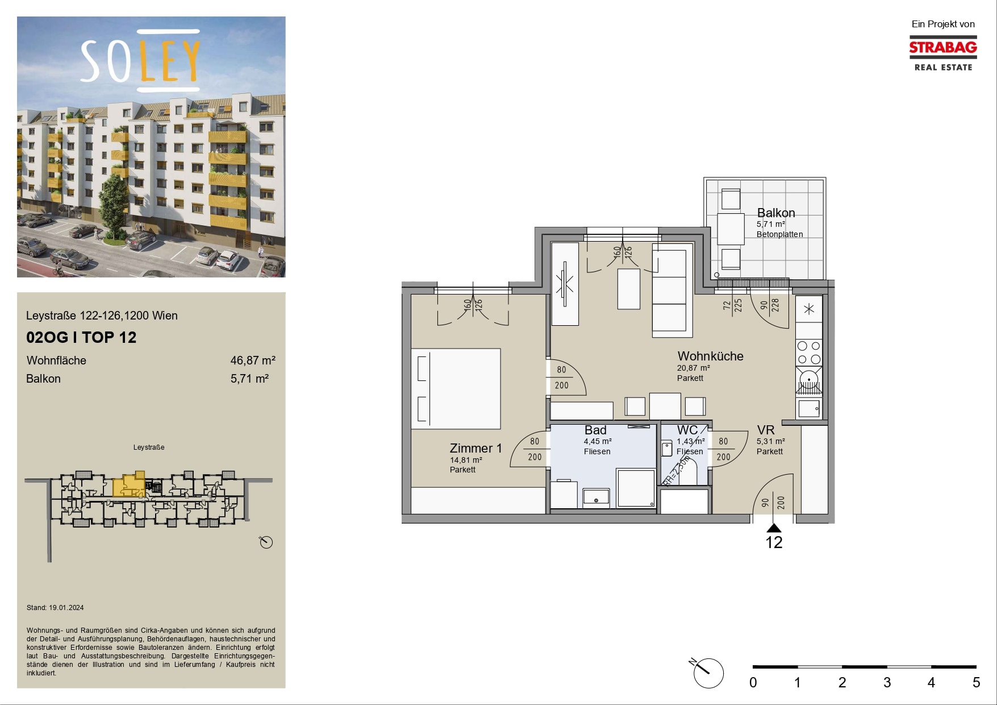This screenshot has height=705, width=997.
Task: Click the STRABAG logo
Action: [943, 53]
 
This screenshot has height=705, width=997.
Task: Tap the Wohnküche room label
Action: [710, 356]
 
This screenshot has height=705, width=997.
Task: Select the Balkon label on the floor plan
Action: [776, 213]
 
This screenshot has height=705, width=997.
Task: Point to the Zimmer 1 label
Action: [475, 449]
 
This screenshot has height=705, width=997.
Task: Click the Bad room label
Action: [595, 430]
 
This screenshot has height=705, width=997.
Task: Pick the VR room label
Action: [766, 430]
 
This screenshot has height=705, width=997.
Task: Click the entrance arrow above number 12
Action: [774, 528]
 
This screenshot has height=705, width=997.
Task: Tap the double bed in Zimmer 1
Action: [456, 389]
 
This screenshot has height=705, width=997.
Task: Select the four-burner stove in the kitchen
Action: [809, 353]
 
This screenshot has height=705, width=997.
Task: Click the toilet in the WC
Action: [667, 449]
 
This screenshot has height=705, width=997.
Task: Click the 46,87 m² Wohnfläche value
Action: [253, 360]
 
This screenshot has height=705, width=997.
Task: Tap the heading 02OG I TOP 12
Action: [81, 338]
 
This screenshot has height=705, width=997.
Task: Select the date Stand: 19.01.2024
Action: [55, 608]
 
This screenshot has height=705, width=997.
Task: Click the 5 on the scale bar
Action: [976, 683]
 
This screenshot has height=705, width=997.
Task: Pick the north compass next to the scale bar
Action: [708, 673]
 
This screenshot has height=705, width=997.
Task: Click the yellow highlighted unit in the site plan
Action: [128, 484]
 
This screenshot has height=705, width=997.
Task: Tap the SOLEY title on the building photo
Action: [140, 61]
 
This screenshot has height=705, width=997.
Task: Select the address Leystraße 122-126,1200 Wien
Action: [102, 316]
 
